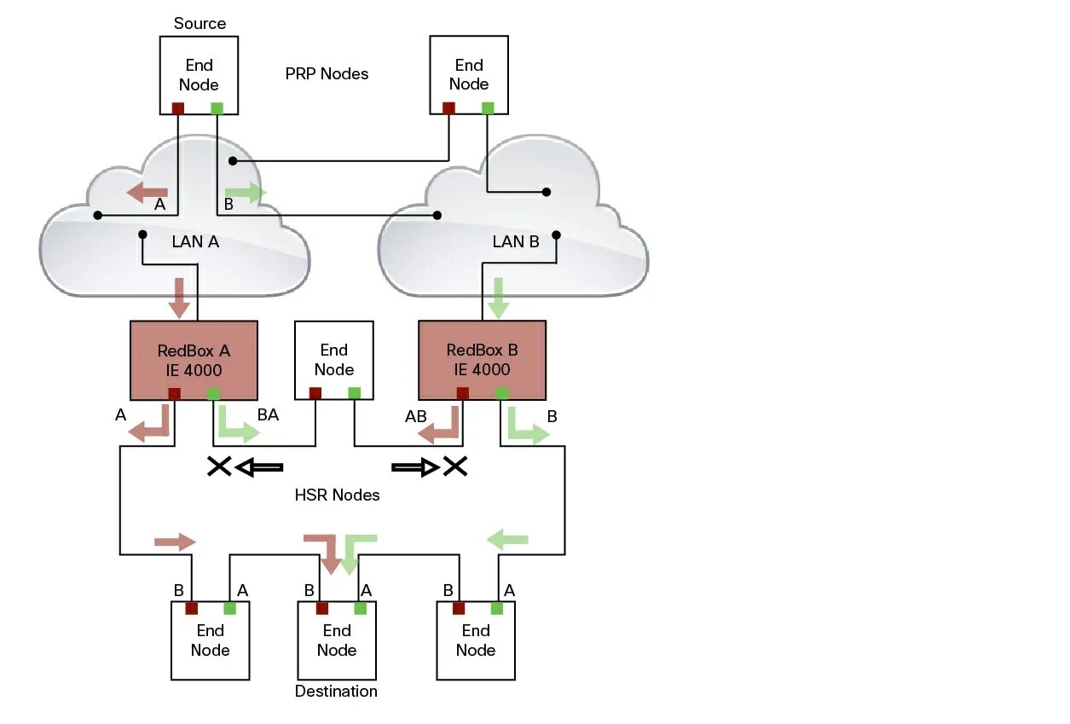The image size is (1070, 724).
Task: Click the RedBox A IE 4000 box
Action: click(x=194, y=360)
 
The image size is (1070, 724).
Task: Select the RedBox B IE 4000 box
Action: click(x=482, y=360)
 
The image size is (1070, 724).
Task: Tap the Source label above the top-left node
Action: click(x=200, y=23)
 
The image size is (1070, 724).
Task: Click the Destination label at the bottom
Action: click(x=336, y=691)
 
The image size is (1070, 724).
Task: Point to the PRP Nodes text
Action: click(x=327, y=74)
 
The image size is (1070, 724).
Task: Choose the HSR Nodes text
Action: click(x=337, y=495)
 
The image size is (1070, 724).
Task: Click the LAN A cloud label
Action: click(x=195, y=241)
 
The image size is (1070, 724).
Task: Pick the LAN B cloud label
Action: click(x=516, y=241)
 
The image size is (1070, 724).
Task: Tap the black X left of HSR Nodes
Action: click(x=219, y=466)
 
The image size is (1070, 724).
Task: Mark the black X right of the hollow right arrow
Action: click(x=455, y=466)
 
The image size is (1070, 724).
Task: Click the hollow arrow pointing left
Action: click(x=258, y=466)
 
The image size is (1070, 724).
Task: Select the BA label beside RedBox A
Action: click(x=269, y=415)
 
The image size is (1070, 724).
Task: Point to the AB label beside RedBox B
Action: click(x=416, y=417)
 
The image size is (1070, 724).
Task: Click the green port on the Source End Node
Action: click(x=217, y=108)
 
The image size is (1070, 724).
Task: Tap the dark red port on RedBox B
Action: click(x=463, y=393)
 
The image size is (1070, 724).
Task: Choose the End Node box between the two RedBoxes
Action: click(x=333, y=360)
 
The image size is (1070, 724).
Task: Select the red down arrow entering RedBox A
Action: click(x=179, y=297)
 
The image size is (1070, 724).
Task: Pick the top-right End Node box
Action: click(x=469, y=74)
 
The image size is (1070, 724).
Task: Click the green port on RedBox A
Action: click(x=213, y=393)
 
